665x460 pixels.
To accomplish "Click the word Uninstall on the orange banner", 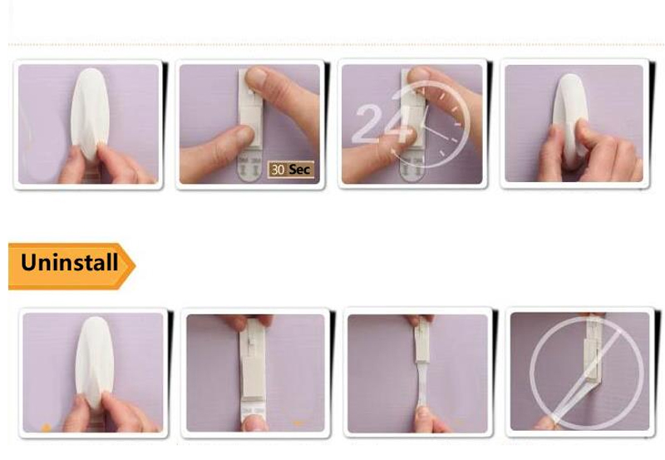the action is pyautogui.click(x=69, y=262).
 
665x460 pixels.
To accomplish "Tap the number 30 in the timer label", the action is pyautogui.click(x=278, y=170).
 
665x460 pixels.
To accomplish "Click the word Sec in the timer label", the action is pyautogui.click(x=299, y=170).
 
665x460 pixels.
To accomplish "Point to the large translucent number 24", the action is pyautogui.click(x=382, y=124).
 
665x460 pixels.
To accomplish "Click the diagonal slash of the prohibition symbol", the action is pyautogui.click(x=589, y=374).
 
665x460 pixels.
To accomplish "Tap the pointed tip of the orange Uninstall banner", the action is pyautogui.click(x=135, y=266).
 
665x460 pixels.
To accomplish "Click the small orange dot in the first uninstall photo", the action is pyautogui.click(x=47, y=428).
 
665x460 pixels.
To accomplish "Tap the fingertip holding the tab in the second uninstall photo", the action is pyautogui.click(x=254, y=423).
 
